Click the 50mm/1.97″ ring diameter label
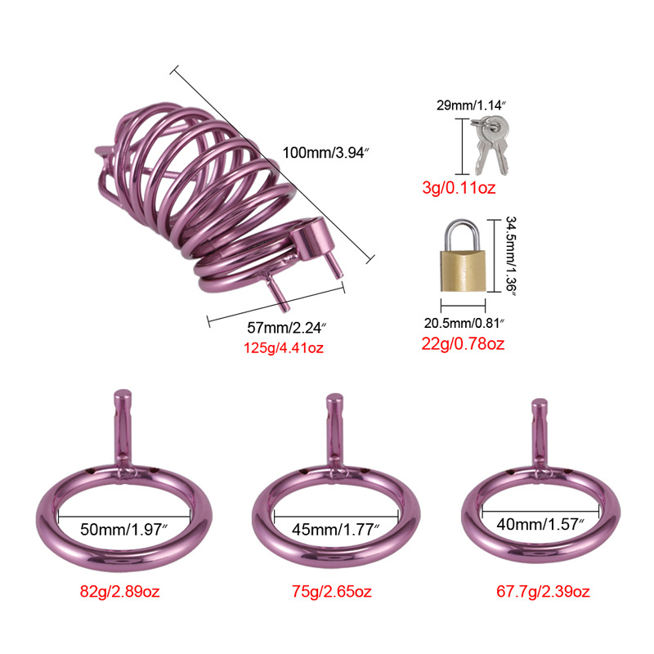124,529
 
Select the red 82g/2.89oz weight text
124,590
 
